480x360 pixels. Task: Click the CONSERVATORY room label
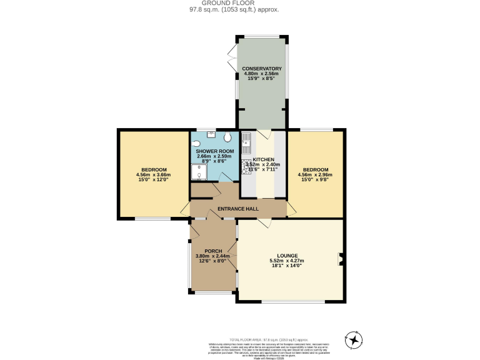(262, 68)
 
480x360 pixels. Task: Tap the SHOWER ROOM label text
(215, 151)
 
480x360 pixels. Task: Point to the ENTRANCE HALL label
(238, 209)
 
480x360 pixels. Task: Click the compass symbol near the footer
(355, 340)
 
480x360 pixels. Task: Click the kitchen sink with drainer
(247, 143)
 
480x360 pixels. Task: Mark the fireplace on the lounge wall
(340, 258)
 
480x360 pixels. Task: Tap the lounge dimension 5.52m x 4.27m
(287, 261)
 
